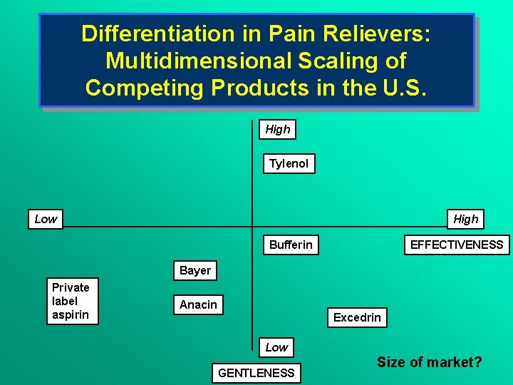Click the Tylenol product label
tap(289, 164)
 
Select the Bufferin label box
tap(291, 245)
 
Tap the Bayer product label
tap(195, 271)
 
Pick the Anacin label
tap(198, 305)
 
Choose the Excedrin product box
tap(357, 317)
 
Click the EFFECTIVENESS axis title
tap(456, 245)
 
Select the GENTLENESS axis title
tap(256, 373)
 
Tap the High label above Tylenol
tap(277, 129)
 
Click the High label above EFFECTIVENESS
tap(466, 219)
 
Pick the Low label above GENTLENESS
tap(276, 347)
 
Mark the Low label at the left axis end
tap(46, 219)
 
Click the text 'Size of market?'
tap(430, 362)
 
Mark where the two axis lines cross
tap(253, 227)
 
